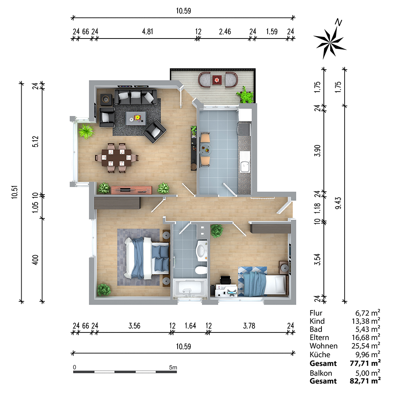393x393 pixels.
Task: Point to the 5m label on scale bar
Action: coord(173,367)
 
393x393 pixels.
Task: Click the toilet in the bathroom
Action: coord(201,270)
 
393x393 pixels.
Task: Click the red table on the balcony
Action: coord(217,80)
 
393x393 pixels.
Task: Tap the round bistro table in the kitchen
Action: coord(204,149)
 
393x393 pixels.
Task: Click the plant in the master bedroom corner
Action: coord(104,290)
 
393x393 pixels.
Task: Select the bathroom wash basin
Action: coord(202,249)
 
